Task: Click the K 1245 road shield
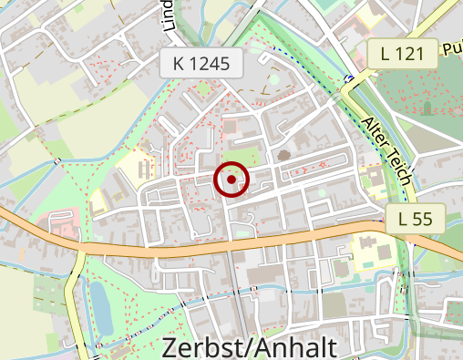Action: (201, 64)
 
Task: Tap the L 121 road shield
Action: (402, 54)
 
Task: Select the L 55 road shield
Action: (414, 218)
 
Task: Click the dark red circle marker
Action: (231, 180)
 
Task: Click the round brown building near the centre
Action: (283, 155)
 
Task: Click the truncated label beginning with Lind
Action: (168, 16)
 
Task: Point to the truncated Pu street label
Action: (451, 48)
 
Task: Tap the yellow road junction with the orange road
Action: (80, 249)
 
